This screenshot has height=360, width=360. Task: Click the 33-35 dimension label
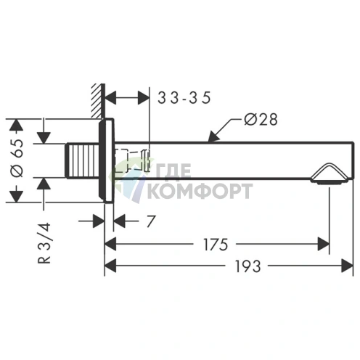(184, 98)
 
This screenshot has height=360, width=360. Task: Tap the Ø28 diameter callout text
(261, 120)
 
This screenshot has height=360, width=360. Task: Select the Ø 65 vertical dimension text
(18, 157)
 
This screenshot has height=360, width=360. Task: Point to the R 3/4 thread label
(44, 242)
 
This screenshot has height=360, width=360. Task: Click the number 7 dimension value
(150, 221)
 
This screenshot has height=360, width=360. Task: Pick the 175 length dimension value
(216, 245)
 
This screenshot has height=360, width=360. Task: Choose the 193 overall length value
(248, 266)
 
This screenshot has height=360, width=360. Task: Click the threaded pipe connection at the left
(82, 160)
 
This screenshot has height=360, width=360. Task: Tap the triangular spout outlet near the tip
(330, 173)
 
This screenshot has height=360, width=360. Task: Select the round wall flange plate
(106, 160)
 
